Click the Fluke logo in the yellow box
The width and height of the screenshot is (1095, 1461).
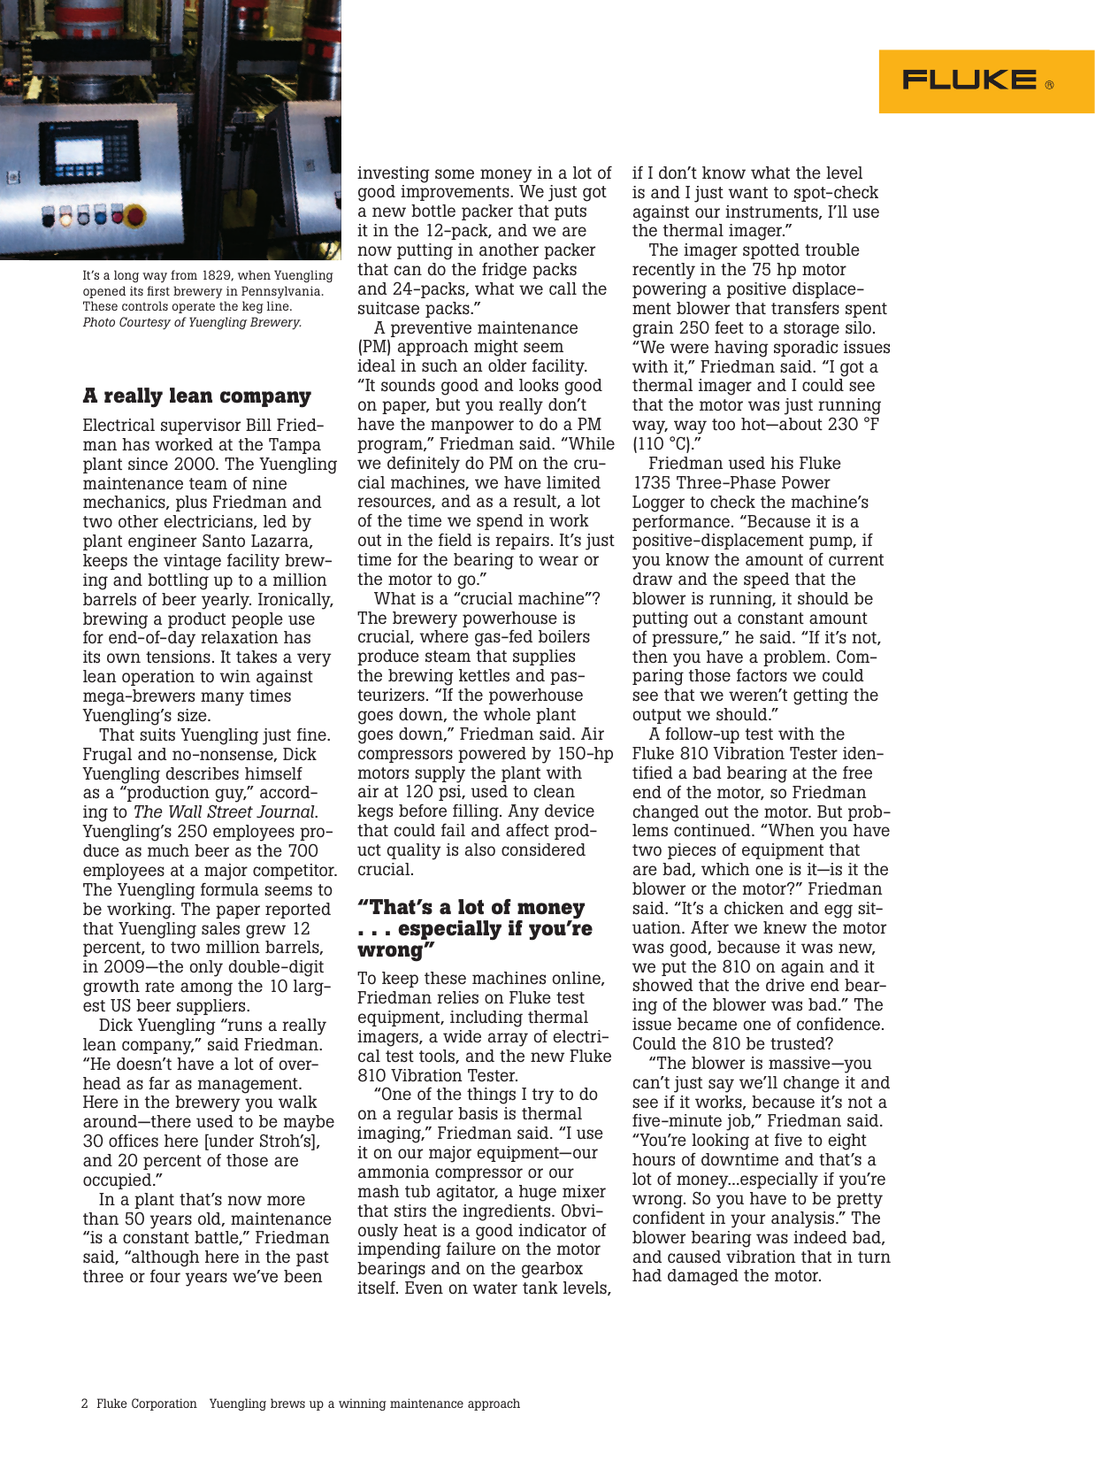[x=969, y=81]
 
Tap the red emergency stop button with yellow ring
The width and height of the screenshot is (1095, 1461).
[x=135, y=217]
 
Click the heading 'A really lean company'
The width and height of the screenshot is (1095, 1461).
[x=197, y=396]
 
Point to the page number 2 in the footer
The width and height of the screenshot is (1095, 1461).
[x=85, y=1403]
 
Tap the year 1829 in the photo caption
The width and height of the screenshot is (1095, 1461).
[x=218, y=276]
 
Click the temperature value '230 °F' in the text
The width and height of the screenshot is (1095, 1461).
[x=848, y=425]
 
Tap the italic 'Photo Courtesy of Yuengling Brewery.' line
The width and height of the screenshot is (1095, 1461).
[x=192, y=322]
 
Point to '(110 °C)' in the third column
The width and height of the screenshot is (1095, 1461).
[x=666, y=443]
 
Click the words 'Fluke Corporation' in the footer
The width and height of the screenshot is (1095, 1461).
[x=146, y=1403]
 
